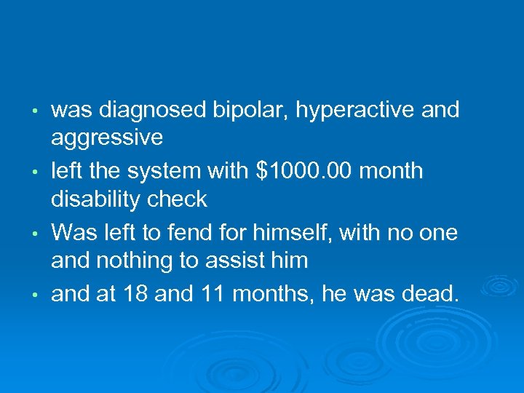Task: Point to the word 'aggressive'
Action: [107, 137]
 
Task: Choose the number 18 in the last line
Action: [135, 294]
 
